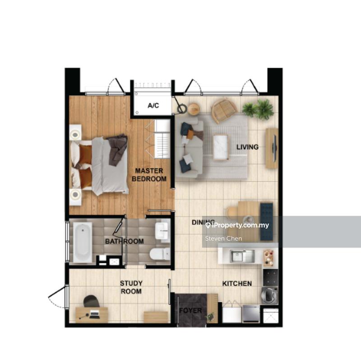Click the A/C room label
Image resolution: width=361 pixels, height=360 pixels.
(x=153, y=106)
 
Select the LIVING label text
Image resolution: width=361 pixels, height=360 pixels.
(x=247, y=147)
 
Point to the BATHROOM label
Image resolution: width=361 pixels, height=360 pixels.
(x=125, y=241)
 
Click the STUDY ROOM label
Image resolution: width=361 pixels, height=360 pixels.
(x=131, y=287)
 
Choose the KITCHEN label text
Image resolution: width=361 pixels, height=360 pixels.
(x=237, y=284)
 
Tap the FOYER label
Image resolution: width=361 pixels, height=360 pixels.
(x=190, y=311)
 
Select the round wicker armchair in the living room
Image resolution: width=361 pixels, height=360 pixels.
(x=224, y=109)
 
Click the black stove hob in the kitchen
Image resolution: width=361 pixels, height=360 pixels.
(x=270, y=275)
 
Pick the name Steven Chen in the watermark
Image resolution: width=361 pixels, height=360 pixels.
(x=223, y=238)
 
